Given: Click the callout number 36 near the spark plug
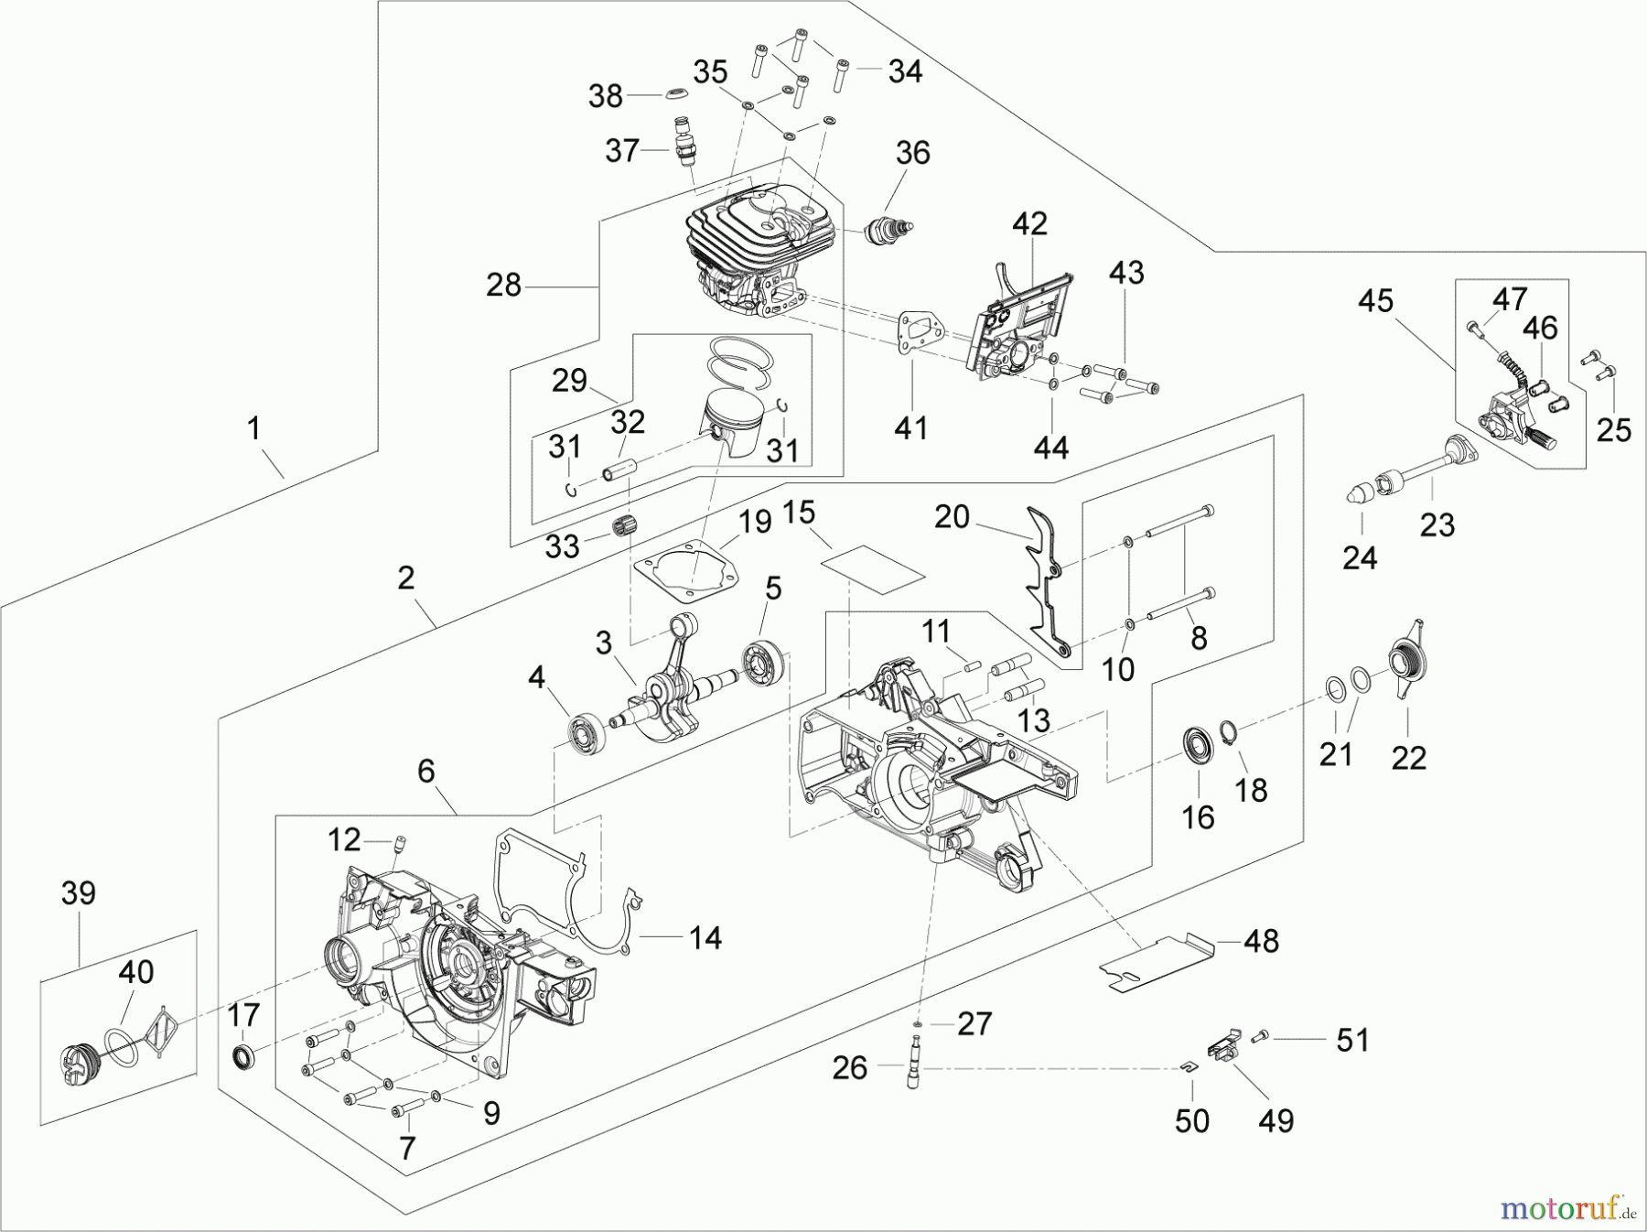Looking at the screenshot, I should click(911, 153).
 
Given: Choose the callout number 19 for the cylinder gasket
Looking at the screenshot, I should click(754, 524).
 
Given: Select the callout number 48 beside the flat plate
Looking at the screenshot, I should click(1262, 940).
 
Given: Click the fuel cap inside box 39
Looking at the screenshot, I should click(78, 1069).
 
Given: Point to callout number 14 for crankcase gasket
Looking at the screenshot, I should click(705, 937).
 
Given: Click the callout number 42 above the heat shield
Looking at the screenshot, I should click(1029, 224).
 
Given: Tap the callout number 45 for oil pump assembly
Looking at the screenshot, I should click(1375, 301).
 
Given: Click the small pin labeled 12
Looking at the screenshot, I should click(399, 842).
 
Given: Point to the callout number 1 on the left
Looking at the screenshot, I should click(253, 428).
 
